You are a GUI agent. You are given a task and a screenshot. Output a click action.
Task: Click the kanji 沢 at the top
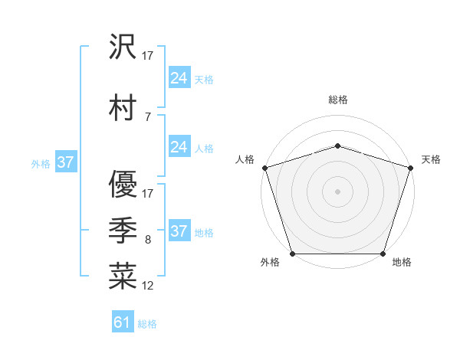[123, 49]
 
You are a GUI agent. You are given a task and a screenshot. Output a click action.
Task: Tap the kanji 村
[123, 108]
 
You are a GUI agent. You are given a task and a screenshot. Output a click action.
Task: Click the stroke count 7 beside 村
[147, 116]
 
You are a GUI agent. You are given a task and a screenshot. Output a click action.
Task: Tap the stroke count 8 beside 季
[147, 240]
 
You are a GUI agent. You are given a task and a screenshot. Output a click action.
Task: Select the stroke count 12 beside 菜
[147, 286]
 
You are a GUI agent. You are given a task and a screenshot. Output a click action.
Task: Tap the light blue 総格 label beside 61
[147, 324]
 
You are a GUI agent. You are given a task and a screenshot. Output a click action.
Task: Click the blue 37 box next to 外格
[65, 162]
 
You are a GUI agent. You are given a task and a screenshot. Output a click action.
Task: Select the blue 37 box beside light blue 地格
[179, 231]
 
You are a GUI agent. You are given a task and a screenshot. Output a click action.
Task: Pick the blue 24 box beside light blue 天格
[179, 77]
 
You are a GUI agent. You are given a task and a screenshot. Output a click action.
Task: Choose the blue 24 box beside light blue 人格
[179, 147]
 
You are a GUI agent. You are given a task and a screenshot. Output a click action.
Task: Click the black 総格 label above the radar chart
[338, 100]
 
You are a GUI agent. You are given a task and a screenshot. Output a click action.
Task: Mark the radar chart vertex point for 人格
[264, 168]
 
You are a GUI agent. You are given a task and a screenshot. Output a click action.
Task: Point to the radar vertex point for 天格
[411, 168]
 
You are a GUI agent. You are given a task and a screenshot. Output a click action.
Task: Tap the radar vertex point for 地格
[383, 254]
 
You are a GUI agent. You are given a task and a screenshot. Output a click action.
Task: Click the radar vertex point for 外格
[293, 254]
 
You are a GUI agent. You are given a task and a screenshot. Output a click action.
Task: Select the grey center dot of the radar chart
[338, 191]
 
